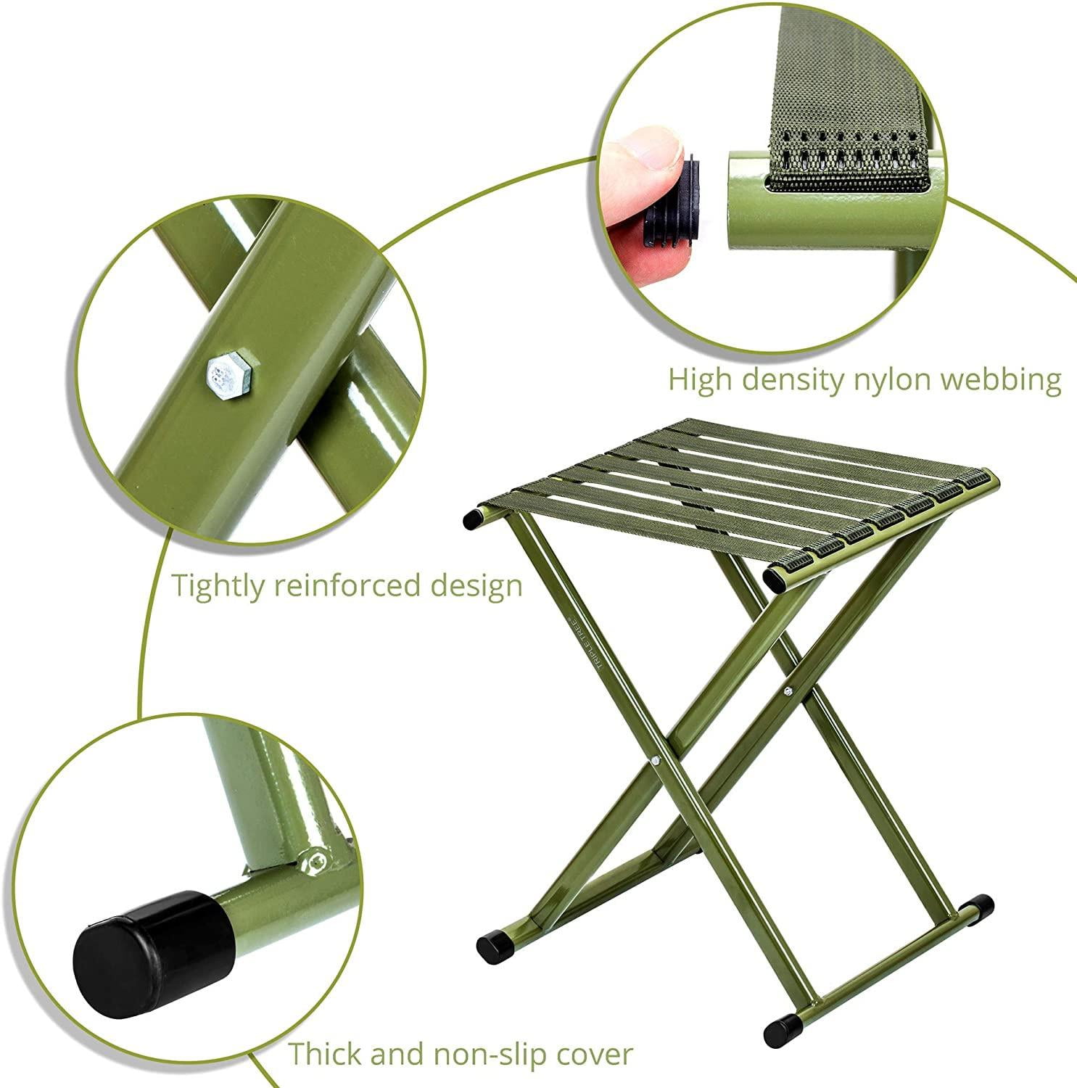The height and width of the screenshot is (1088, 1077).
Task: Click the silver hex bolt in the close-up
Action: coord(229,374)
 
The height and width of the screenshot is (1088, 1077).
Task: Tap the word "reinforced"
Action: coord(346,585)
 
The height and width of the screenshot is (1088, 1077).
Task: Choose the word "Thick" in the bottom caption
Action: coord(327,1052)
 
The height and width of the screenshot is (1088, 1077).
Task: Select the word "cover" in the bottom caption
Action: coord(590,1053)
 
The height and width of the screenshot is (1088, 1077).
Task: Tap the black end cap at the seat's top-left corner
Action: coord(473,517)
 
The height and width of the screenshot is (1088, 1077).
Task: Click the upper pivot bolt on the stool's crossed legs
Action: coord(789,691)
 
